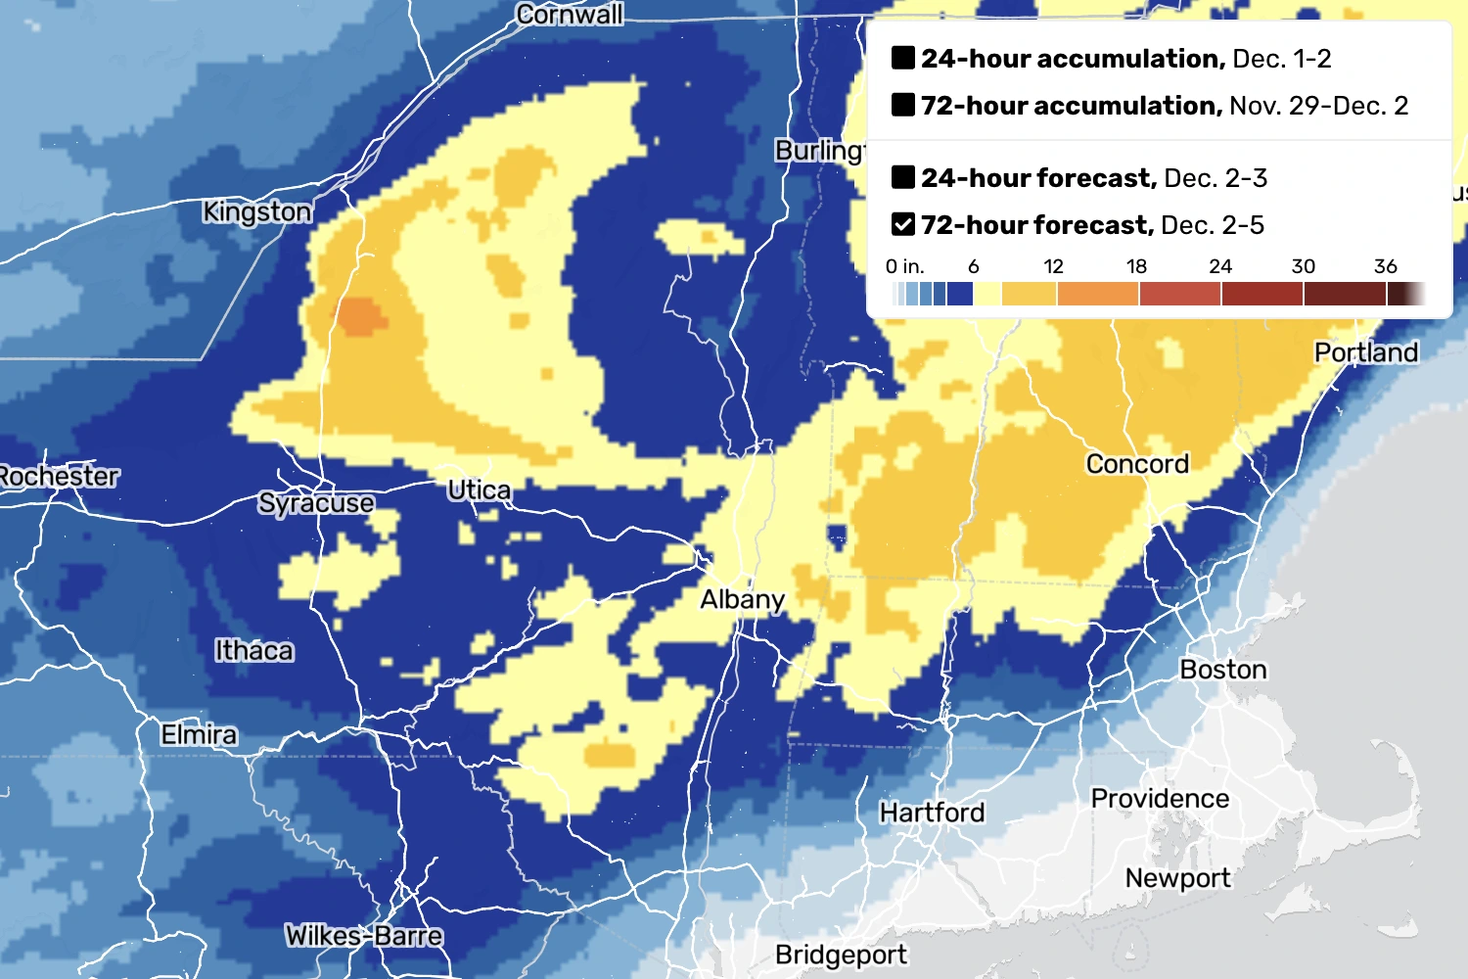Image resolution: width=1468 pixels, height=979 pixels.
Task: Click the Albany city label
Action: click(742, 599)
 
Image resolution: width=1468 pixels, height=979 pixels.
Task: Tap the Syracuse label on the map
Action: click(316, 503)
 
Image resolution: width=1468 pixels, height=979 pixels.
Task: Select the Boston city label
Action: click(1222, 670)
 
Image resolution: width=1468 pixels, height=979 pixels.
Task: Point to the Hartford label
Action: click(932, 813)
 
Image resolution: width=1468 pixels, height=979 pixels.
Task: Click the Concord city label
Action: click(1137, 464)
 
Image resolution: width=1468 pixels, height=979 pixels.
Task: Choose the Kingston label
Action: click(257, 211)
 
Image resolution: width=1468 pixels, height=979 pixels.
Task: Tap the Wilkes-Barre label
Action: click(364, 936)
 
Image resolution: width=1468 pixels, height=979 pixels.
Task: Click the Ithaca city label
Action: click(254, 650)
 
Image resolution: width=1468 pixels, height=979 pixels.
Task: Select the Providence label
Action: click(1160, 799)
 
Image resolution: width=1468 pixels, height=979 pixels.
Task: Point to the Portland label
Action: click(1365, 352)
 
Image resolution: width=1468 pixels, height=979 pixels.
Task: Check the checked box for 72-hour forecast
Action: click(903, 225)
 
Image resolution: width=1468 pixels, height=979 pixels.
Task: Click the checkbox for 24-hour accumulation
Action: click(903, 58)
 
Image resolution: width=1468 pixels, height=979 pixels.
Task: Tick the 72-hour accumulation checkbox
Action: click(903, 105)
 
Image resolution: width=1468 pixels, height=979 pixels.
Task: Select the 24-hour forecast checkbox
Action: click(903, 177)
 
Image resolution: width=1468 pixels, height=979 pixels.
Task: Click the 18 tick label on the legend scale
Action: click(1136, 266)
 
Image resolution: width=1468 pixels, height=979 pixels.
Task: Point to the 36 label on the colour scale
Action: click(1385, 266)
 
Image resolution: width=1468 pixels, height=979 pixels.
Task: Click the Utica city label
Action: click(479, 489)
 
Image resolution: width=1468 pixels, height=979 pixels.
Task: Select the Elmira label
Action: click(199, 734)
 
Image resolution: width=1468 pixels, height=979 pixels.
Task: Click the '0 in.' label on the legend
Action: click(904, 266)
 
